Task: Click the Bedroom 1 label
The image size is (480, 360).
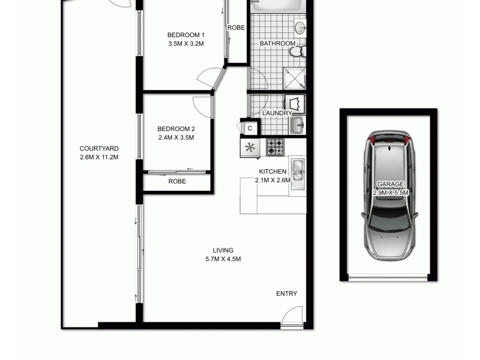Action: (x=182, y=34)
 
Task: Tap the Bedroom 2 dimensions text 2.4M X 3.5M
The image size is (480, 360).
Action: (x=176, y=137)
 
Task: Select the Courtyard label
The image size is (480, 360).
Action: (x=99, y=149)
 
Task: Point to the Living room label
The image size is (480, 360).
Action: (x=223, y=250)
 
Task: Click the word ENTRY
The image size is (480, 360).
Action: (x=286, y=293)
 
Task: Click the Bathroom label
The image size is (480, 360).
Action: (x=277, y=44)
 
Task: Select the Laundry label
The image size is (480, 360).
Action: (x=277, y=113)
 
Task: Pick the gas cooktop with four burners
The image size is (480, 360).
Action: (x=275, y=146)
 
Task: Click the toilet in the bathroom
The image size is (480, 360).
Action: (x=295, y=53)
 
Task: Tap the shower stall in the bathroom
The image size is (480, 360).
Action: (x=295, y=79)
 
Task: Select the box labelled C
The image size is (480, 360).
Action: (x=250, y=128)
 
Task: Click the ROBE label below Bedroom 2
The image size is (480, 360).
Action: (x=176, y=181)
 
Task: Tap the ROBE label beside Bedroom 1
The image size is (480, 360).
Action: (x=235, y=27)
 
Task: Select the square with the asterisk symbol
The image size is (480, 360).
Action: (x=250, y=148)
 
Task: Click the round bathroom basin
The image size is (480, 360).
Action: (x=300, y=27)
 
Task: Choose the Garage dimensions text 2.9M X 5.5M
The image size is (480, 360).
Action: (x=391, y=193)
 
